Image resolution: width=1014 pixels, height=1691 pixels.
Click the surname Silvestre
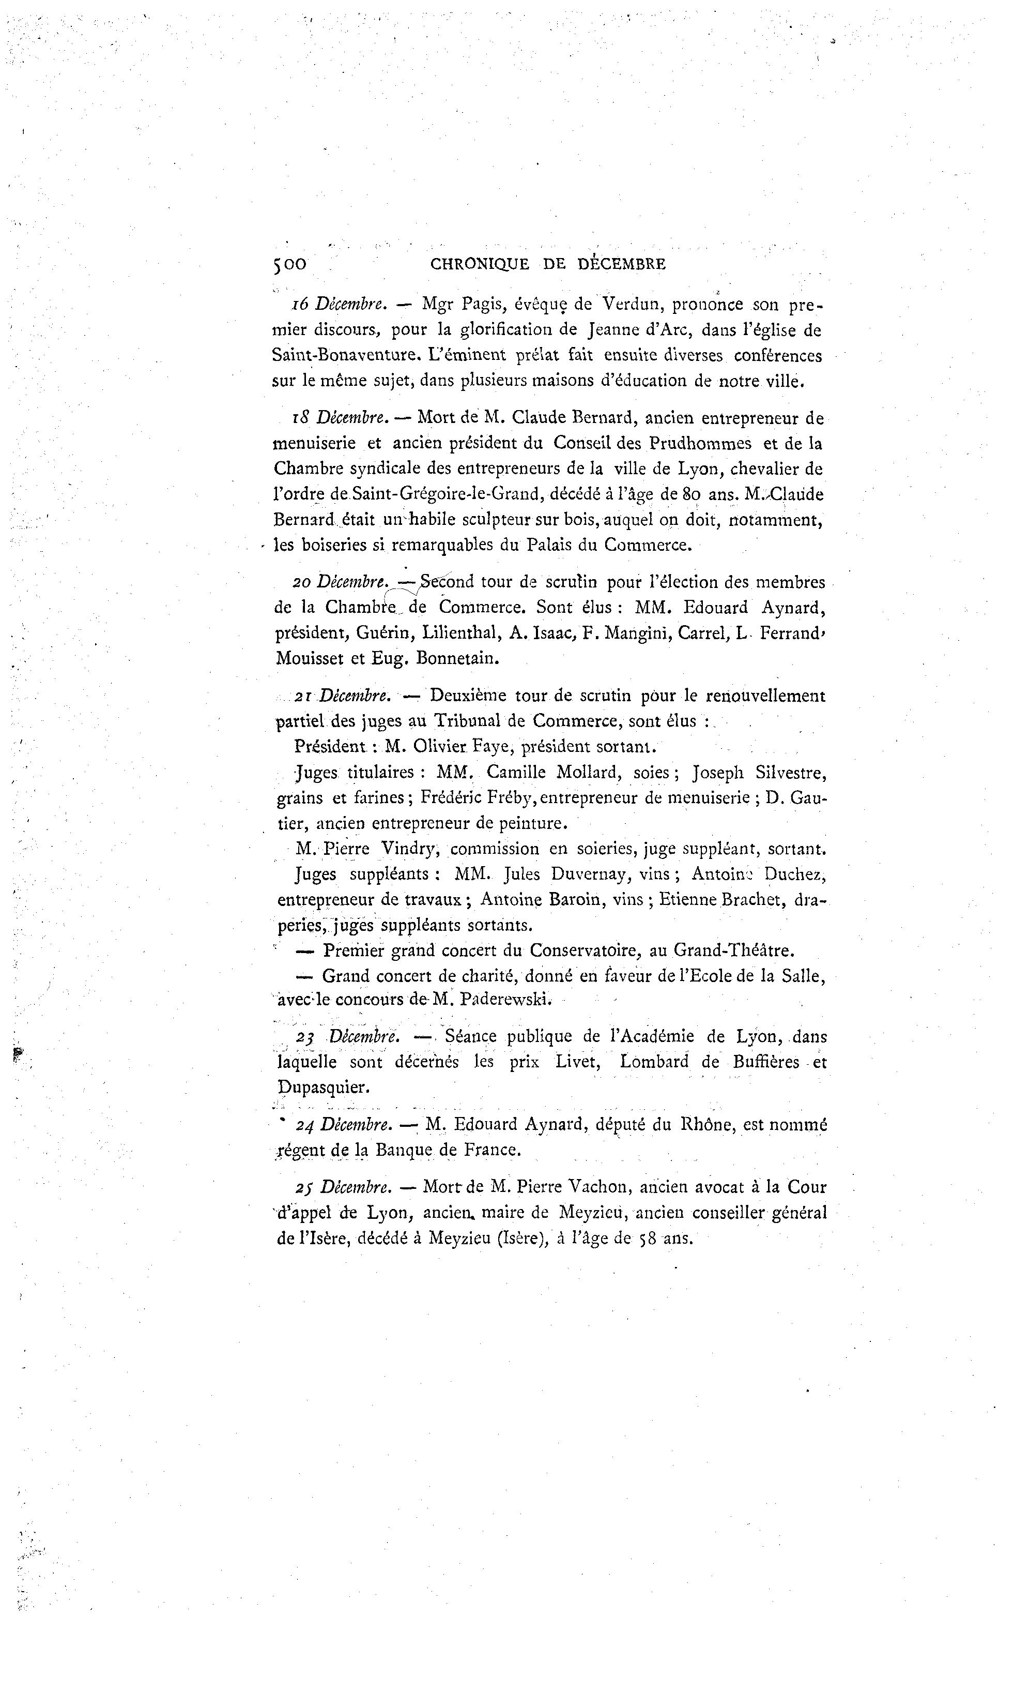[x=791, y=773]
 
